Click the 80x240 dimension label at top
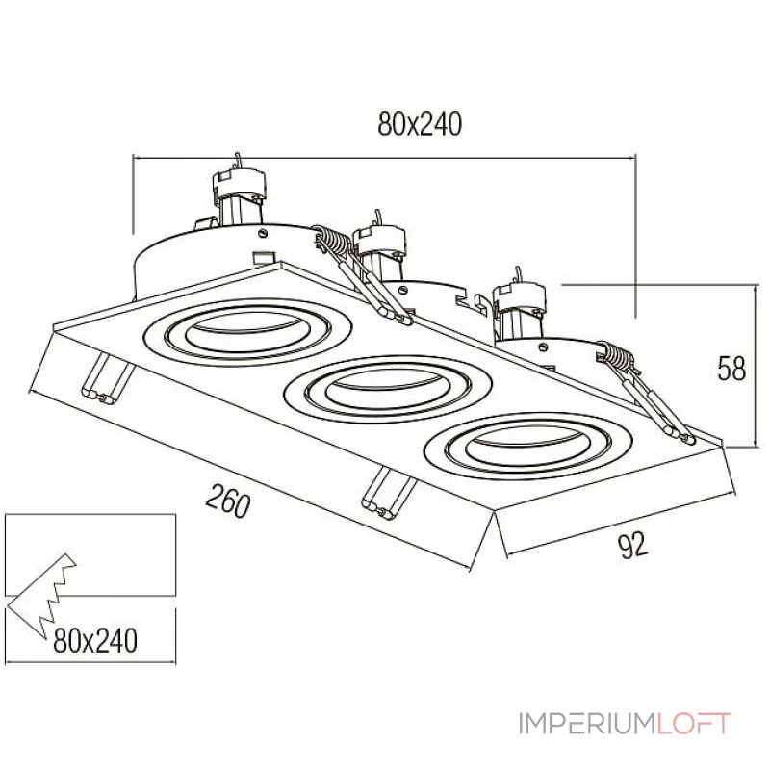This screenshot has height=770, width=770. pyautogui.click(x=421, y=124)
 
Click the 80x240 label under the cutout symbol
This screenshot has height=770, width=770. pyautogui.click(x=94, y=638)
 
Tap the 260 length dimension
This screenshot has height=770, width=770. pyautogui.click(x=228, y=502)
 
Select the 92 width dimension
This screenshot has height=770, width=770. pyautogui.click(x=630, y=547)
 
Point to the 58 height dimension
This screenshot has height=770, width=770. pyautogui.click(x=732, y=369)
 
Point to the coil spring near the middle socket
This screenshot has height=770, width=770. pyautogui.click(x=332, y=241)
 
